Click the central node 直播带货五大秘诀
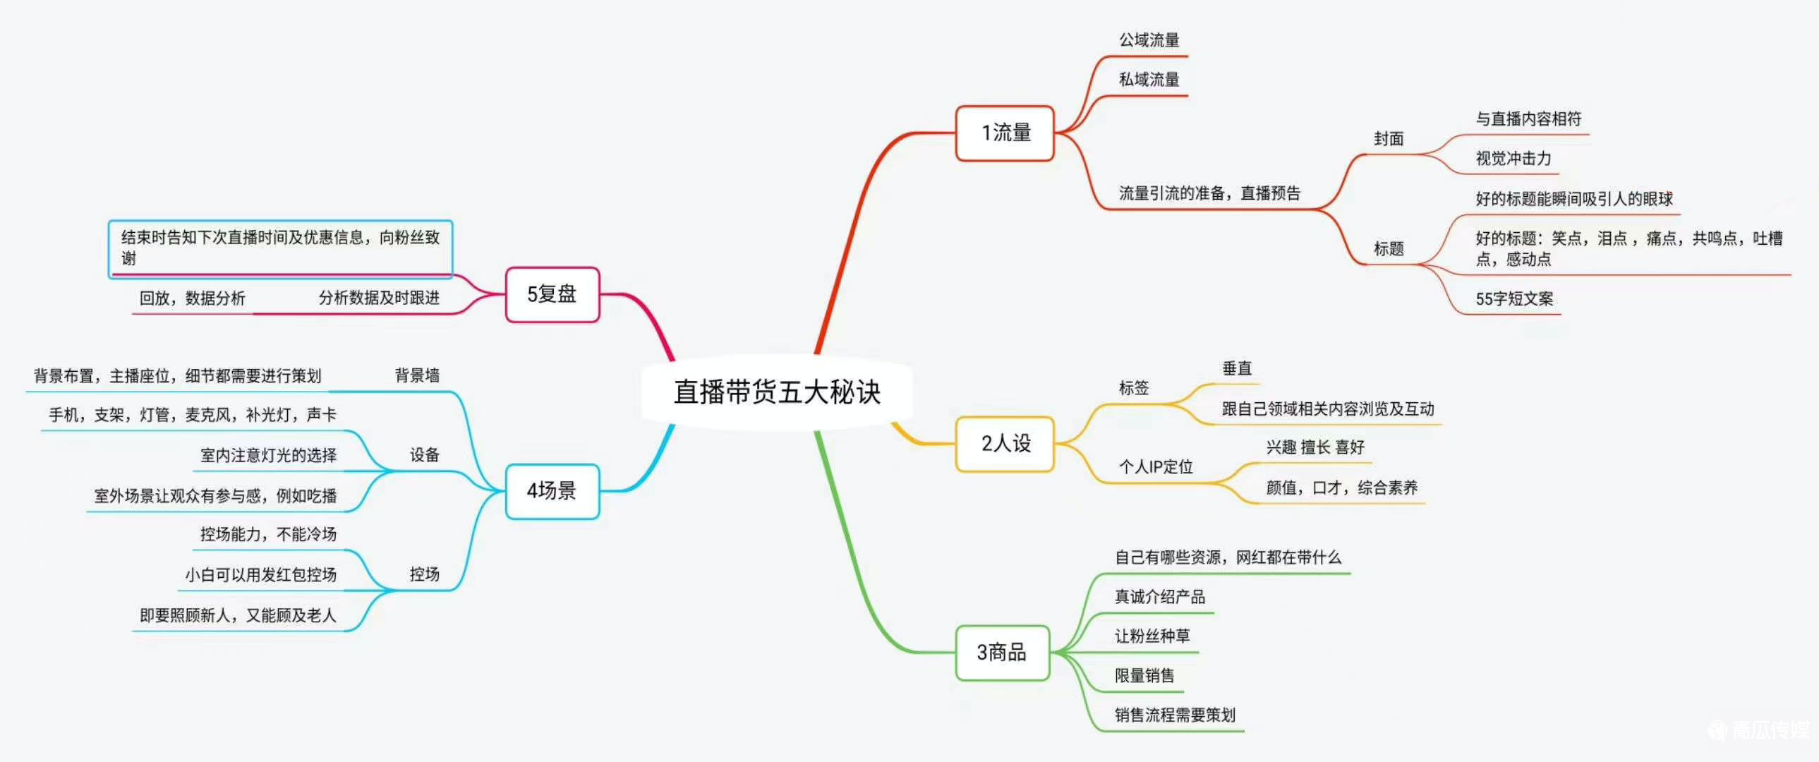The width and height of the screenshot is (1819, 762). coord(777,392)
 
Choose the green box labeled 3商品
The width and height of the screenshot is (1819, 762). coord(1001,653)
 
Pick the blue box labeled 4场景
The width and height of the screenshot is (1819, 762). coord(552,491)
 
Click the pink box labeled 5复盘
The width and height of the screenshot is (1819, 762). coord(552,294)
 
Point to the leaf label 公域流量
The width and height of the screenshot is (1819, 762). coord(1149,40)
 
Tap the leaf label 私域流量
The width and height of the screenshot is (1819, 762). coord(1149,80)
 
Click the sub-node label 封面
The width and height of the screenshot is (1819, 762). coord(1389,139)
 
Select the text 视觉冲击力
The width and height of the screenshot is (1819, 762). coord(1513,159)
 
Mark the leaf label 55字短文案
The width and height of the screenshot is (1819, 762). coord(1514,298)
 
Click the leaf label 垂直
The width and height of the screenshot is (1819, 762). coord(1236,368)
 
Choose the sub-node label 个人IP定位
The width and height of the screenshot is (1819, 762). coord(1156,467)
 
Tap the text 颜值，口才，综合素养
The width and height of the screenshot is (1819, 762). coord(1341,488)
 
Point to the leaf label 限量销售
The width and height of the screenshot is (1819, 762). coord(1144,676)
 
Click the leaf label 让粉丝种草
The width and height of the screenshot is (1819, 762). coord(1152,636)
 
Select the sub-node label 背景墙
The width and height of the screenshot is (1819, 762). coord(416,375)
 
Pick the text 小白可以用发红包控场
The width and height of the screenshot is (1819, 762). coord(260,575)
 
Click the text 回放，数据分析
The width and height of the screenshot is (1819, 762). coord(192,298)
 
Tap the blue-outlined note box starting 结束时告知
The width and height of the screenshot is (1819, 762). coord(279,248)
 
